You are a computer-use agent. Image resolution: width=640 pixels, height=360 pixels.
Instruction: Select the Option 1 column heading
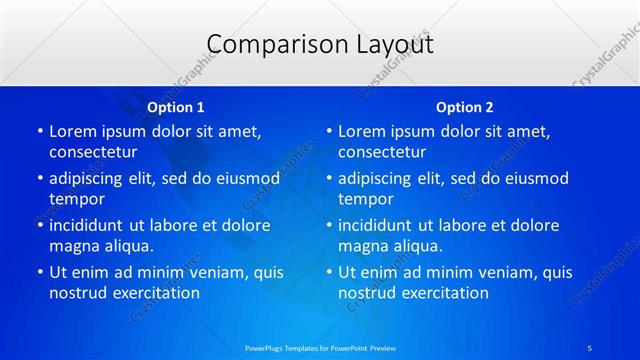click(x=176, y=107)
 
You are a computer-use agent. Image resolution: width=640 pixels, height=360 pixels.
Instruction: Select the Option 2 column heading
click(x=465, y=107)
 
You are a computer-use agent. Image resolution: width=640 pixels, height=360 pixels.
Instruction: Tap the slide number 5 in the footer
click(x=589, y=347)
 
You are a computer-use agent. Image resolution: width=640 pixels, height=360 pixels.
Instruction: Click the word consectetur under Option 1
click(x=93, y=153)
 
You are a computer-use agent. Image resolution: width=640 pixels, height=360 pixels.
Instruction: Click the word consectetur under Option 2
click(x=382, y=153)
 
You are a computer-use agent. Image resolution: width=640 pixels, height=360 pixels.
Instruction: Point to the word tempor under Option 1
click(x=75, y=199)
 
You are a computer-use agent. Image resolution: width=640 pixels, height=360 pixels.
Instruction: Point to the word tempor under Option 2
click(x=364, y=199)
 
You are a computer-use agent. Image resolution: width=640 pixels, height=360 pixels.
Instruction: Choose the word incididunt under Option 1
click(x=91, y=225)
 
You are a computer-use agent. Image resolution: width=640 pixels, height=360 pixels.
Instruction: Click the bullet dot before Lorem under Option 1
click(x=39, y=132)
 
